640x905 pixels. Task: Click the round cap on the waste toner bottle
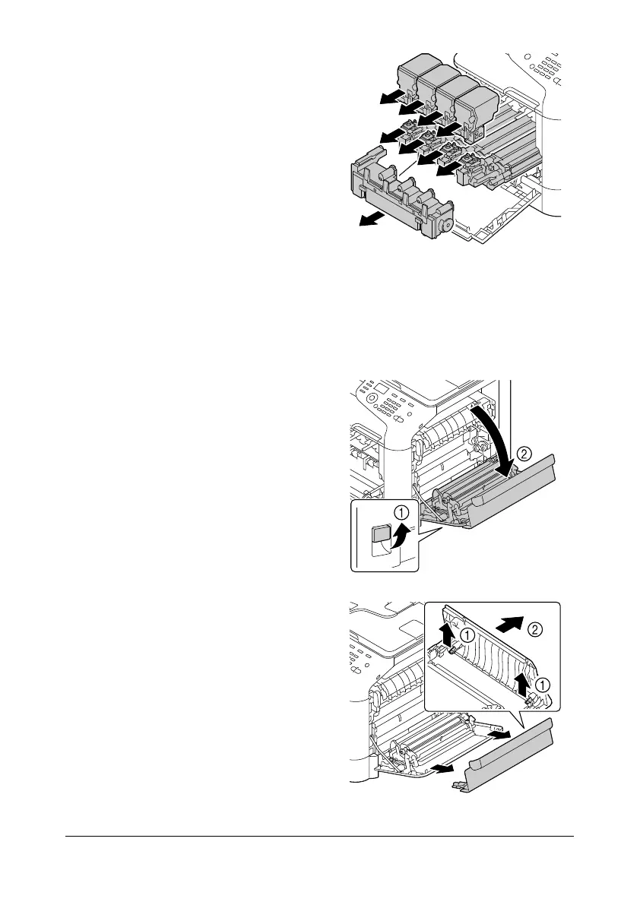click(447, 225)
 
